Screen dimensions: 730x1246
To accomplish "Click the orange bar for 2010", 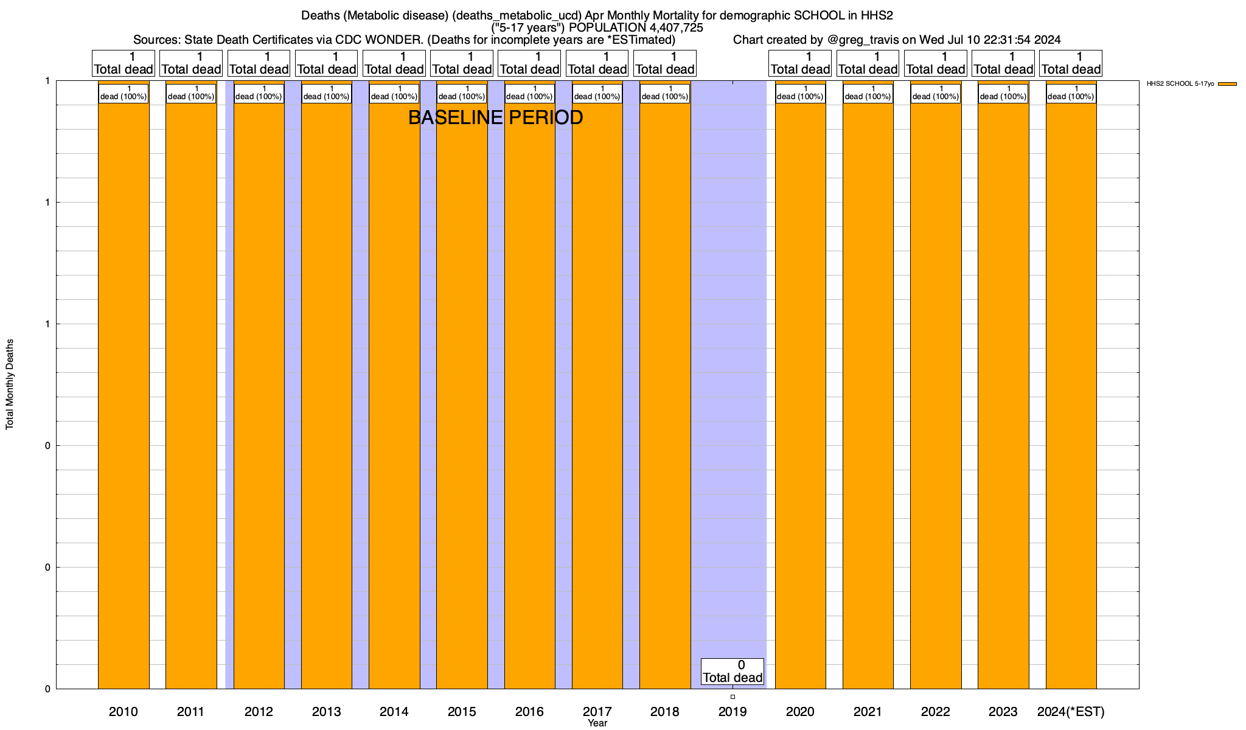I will tap(124, 389).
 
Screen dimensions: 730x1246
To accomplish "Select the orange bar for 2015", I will tap(462, 389).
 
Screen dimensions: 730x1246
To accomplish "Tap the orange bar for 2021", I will tap(868, 389).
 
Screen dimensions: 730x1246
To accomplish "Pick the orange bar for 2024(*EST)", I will tap(1071, 389).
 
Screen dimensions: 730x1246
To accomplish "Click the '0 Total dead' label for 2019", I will tap(733, 672).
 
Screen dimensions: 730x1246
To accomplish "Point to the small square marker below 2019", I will tap(733, 697).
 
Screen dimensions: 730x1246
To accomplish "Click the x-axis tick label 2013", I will tap(326, 711).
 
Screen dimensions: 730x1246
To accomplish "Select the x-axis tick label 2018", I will tap(664, 711).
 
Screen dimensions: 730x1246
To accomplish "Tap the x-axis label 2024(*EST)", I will tap(1071, 711).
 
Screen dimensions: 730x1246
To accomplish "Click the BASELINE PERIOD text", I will tap(495, 117).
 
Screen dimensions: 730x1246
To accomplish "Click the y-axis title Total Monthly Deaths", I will tap(10, 384).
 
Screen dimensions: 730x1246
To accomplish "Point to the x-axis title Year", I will tap(597, 723).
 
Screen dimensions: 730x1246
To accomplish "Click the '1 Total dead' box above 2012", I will tap(259, 63).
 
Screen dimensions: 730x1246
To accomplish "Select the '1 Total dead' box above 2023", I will tap(1003, 63).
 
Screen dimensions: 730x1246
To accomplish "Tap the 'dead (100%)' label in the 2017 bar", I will tap(597, 93).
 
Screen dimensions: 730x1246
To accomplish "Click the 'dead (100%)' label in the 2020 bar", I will tap(800, 93).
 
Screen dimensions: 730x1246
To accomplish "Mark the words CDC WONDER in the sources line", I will tap(378, 40).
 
